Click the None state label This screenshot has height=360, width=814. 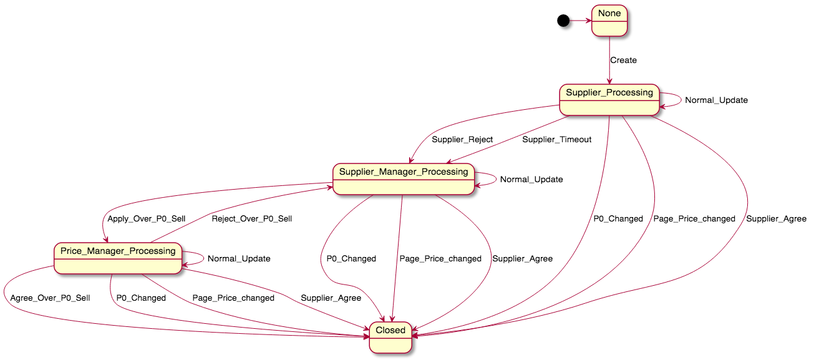[x=609, y=14]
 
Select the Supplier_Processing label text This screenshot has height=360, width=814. [x=609, y=92]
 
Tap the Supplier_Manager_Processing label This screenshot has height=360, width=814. [x=403, y=172]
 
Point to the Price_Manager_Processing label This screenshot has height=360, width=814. [x=118, y=251]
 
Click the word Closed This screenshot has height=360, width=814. [x=390, y=330]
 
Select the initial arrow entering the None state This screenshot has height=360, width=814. [x=579, y=21]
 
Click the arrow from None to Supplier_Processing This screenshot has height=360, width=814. [x=609, y=59]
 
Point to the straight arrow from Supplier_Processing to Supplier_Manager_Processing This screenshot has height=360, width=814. [x=508, y=139]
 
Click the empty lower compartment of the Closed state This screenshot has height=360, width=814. [x=390, y=344]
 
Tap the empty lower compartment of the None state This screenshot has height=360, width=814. [x=609, y=28]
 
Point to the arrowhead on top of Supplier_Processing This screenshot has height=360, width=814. [x=609, y=80]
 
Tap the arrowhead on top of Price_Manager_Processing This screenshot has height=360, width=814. [x=107, y=239]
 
